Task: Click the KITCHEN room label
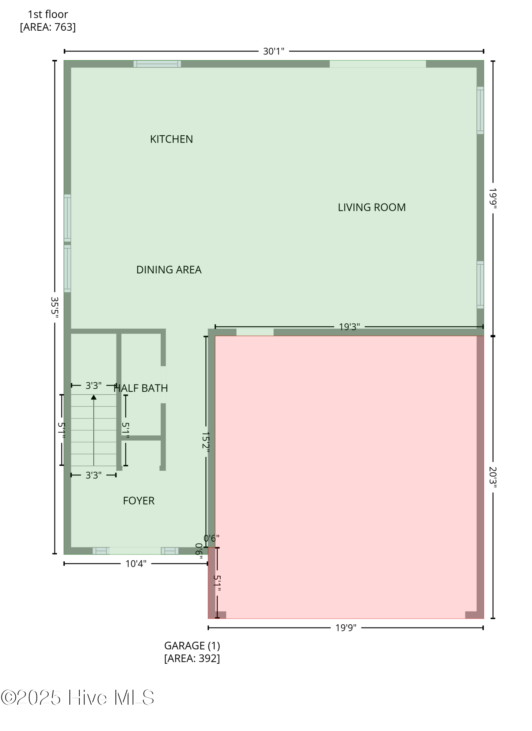171,139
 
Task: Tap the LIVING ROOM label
372,208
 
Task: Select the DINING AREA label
169,270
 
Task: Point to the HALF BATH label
141,388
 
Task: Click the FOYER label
138,501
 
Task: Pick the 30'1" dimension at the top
274,52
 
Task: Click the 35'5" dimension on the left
54,307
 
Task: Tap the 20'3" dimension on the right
493,477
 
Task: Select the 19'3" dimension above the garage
349,327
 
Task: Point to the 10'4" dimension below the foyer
136,564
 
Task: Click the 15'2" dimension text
206,443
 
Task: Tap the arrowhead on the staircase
94,397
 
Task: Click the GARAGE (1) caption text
192,646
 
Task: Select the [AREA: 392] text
192,658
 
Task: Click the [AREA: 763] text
48,27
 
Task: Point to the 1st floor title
48,14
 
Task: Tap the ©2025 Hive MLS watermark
77,697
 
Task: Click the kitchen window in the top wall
157,64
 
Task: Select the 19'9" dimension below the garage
346,628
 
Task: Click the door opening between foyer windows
135,551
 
